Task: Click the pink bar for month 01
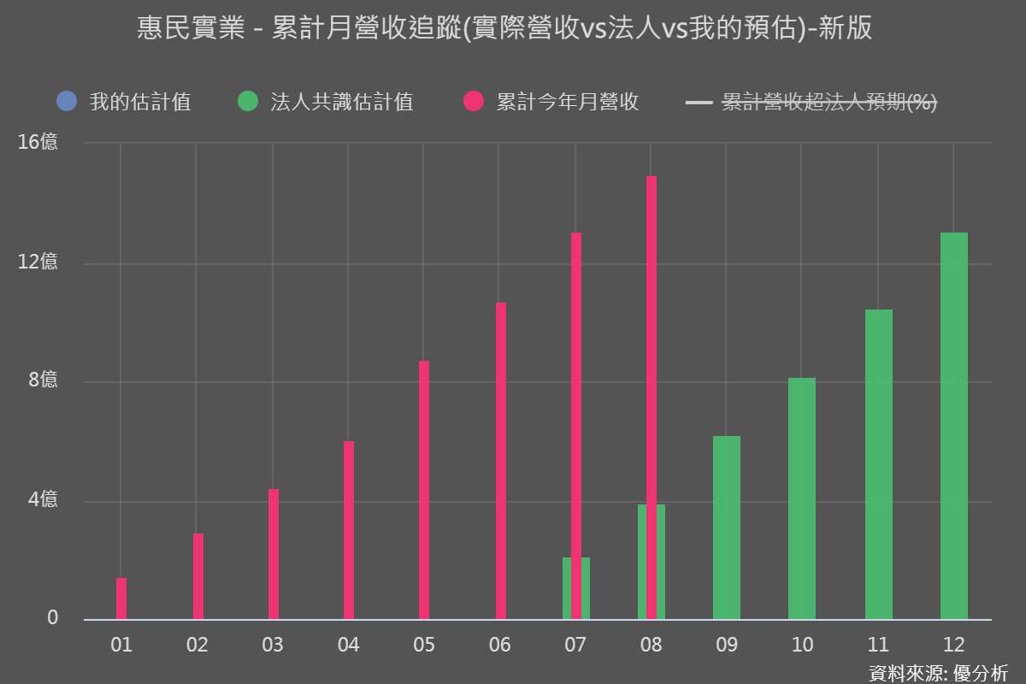click(121, 598)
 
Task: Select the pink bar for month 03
click(274, 554)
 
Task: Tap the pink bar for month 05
click(424, 490)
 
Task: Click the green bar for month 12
click(954, 426)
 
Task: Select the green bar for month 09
click(727, 528)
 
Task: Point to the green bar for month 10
click(802, 498)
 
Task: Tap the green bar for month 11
click(879, 464)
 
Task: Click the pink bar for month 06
click(501, 461)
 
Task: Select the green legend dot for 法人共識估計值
click(248, 103)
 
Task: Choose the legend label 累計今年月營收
click(568, 103)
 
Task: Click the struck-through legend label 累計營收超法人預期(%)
click(829, 103)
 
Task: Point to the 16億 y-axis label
click(38, 142)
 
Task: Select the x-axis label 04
click(348, 645)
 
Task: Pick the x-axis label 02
click(197, 645)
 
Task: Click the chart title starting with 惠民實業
click(504, 29)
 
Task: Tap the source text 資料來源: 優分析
click(938, 672)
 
